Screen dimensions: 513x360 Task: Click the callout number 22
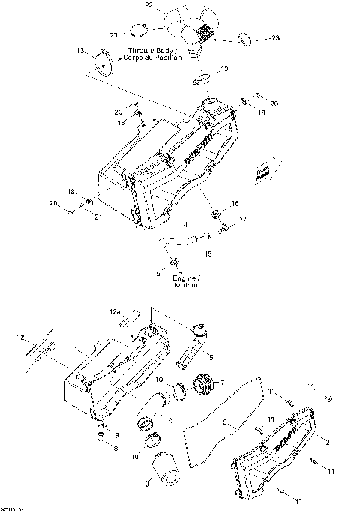coord(148,5)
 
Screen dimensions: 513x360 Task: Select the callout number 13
coord(80,51)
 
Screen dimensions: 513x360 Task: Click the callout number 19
coord(223,68)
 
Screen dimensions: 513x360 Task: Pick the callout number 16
coord(235,203)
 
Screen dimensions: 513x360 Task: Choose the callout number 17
coord(243,219)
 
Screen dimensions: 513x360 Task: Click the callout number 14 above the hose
coord(183,224)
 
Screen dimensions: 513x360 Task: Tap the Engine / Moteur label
coord(185,282)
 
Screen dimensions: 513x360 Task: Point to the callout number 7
coord(221,384)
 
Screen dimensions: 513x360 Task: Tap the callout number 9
coord(115,433)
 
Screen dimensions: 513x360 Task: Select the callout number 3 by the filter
coord(146,484)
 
